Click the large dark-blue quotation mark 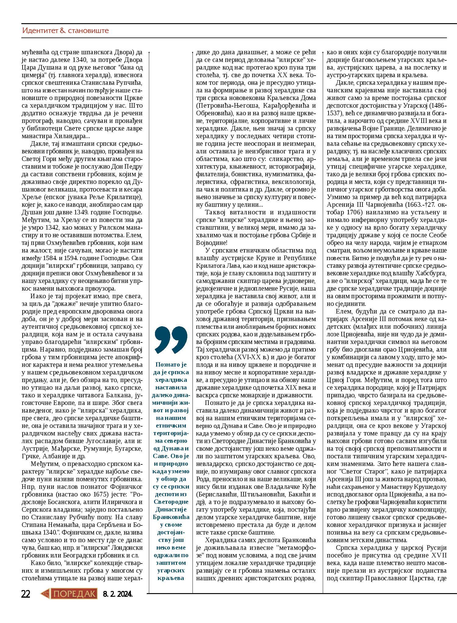click(171, 339)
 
